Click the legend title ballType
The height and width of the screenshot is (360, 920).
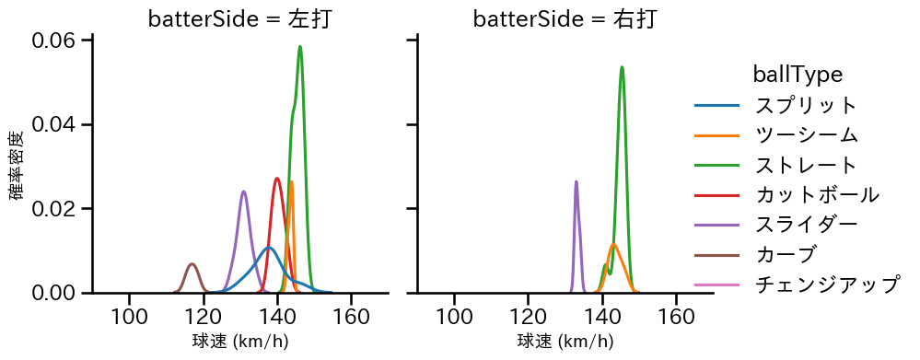tap(798, 74)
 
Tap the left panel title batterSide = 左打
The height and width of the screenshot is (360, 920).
tap(239, 18)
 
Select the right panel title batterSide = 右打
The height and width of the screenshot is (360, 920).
tap(565, 18)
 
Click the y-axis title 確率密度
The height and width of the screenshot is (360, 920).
tap(17, 166)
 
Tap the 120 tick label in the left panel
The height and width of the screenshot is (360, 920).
tap(203, 318)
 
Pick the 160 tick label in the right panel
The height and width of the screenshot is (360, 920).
tap(676, 318)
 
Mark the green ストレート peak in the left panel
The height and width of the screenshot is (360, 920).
tap(300, 47)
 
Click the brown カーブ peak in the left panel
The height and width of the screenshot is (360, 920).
tap(192, 264)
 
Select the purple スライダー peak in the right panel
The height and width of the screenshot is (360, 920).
tap(576, 181)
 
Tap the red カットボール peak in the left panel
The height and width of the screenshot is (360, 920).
tap(277, 179)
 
